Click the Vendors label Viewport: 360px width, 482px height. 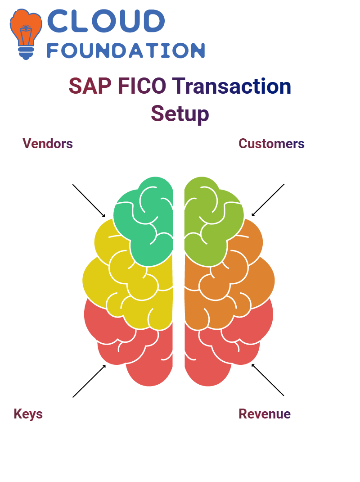point(48,144)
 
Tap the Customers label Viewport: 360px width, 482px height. point(271,144)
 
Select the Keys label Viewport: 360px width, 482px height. point(28,414)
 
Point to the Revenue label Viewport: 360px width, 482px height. point(265,414)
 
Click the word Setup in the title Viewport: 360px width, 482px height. point(180,114)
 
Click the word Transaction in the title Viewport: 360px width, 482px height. point(231,86)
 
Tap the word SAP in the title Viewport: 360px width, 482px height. point(90,86)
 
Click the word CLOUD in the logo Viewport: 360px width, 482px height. point(106,21)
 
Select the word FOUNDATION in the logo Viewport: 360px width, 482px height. point(126,50)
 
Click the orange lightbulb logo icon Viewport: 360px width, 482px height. point(26,34)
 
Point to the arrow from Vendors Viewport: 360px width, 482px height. point(89,201)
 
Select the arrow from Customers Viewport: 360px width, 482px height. point(268,200)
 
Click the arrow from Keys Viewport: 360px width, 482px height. point(89,381)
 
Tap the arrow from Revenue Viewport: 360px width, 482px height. point(268,380)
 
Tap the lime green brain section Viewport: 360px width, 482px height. point(212,221)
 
